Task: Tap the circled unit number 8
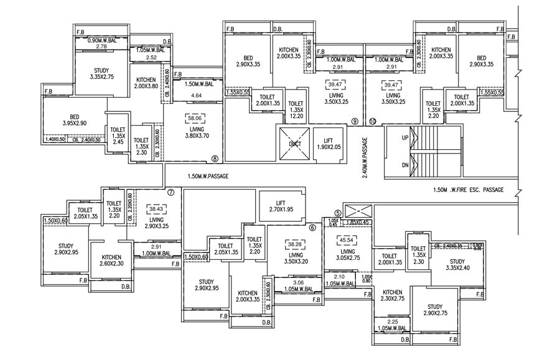coord(215,159)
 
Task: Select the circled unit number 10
coord(373,121)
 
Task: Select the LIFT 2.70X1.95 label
coord(280,206)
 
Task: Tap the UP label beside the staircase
coord(405,139)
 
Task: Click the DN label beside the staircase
coord(405,165)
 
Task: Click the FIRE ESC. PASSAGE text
coord(468,190)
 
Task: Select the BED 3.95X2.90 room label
coord(74,121)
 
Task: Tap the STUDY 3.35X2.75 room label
coord(101,73)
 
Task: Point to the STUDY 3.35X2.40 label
coord(457,265)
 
